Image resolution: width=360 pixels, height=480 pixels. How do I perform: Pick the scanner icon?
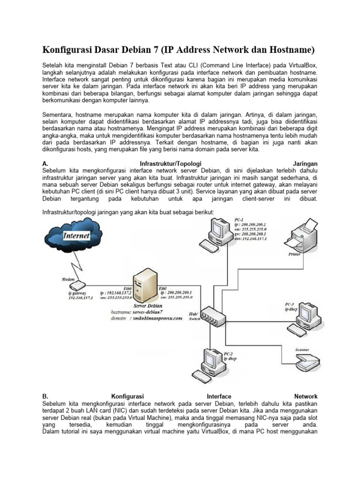(307, 360)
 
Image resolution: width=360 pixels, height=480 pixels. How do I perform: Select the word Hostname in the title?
(288, 49)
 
